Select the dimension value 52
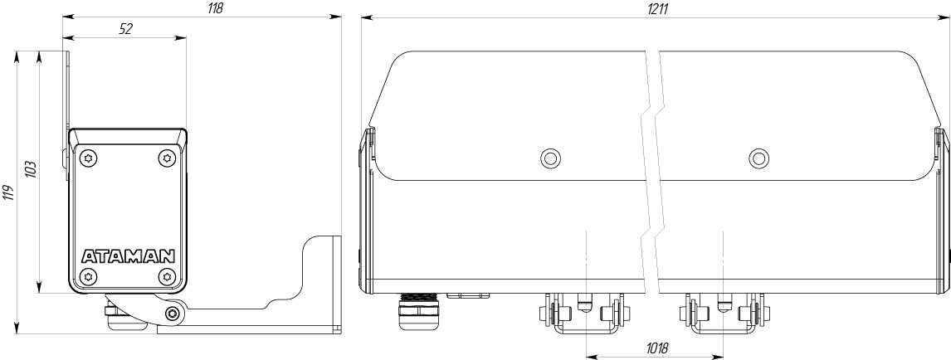click(x=125, y=28)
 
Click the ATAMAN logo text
click(x=128, y=255)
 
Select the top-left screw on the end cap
click(x=89, y=158)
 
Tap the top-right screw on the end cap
click(x=167, y=158)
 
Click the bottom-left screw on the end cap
click(x=89, y=276)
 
